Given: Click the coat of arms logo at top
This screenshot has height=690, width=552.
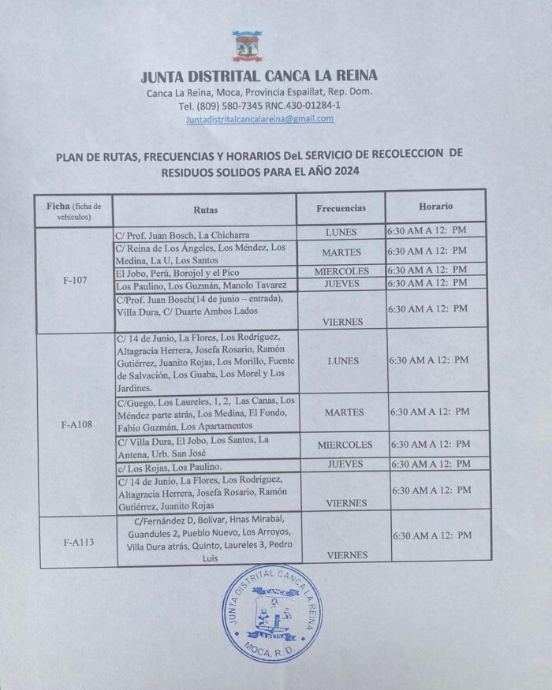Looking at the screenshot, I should (247, 47).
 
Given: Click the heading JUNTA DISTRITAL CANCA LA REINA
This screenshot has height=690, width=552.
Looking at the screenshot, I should (259, 76).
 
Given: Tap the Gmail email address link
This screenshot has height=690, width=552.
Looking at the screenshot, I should (259, 119).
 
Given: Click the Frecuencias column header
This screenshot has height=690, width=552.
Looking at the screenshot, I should (341, 208).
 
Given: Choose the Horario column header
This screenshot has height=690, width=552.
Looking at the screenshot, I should (435, 206).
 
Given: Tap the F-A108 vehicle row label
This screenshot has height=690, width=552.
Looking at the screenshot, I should (76, 424).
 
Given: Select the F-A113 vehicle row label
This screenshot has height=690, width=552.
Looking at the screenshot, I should (77, 542).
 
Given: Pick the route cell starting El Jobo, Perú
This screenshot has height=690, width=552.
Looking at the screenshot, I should (187, 271).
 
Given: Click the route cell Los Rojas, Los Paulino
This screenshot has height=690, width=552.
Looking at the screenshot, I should (165, 467).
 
